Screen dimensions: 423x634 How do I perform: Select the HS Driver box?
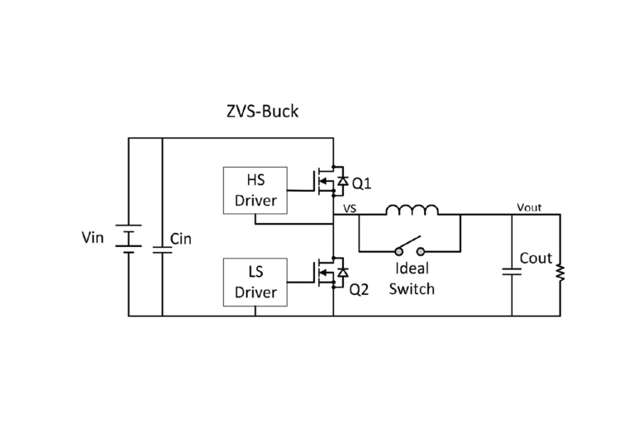[255, 190]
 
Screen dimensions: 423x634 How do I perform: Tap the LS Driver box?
[255, 282]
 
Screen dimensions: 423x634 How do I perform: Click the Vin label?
[94, 238]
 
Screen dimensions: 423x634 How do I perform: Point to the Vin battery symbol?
[128, 238]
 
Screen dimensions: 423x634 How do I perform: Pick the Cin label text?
[181, 239]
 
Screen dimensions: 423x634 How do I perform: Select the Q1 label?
[362, 183]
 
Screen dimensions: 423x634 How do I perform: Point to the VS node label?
[349, 209]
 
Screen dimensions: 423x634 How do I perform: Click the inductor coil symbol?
[412, 209]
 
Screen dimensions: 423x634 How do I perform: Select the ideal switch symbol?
[409, 249]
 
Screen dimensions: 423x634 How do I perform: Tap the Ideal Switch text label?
[411, 278]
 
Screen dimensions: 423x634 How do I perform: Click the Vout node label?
[529, 207]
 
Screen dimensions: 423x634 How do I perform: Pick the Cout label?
[536, 259]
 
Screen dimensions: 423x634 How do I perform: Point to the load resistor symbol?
[560, 271]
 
